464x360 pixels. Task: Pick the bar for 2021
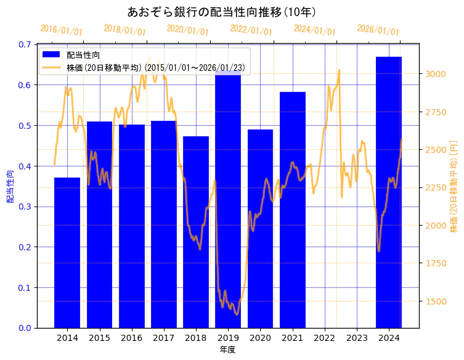click(292, 210)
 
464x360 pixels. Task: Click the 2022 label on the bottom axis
click(325, 338)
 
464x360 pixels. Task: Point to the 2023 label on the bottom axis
click(357, 338)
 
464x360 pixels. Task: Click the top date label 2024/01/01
click(314, 30)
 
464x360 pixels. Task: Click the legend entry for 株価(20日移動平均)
click(158, 68)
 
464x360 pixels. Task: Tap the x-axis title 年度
click(227, 350)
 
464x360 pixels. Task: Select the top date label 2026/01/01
click(378, 30)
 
